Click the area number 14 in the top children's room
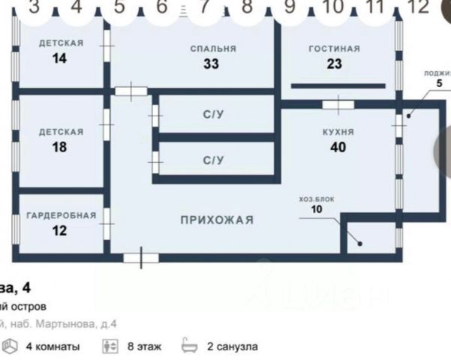pyautogui.click(x=60, y=58)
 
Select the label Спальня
pyautogui.click(x=213, y=49)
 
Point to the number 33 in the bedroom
pyautogui.click(x=211, y=64)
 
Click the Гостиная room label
pyautogui.click(x=334, y=49)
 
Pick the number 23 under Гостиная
pyautogui.click(x=334, y=64)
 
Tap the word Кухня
pyautogui.click(x=338, y=131)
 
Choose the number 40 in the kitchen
pyautogui.click(x=338, y=146)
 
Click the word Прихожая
pyautogui.click(x=216, y=220)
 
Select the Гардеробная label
pyautogui.click(x=61, y=215)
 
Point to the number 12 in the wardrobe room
pyautogui.click(x=60, y=230)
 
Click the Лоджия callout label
pyautogui.click(x=437, y=73)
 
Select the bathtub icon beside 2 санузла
pyautogui.click(x=188, y=346)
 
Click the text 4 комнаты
pyautogui.click(x=53, y=346)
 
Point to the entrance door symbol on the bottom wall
pyautogui.click(x=140, y=258)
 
